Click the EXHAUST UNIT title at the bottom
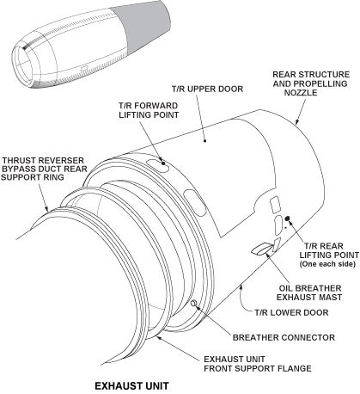tap(131, 385)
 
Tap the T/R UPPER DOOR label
tap(207, 89)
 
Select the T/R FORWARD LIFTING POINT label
tap(149, 110)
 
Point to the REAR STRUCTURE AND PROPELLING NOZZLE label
tap(311, 83)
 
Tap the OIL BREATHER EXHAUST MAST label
tap(309, 292)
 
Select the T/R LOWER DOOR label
tap(291, 312)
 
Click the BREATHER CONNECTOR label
tap(284, 337)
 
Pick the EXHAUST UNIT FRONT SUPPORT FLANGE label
tap(258, 364)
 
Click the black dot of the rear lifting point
tap(288, 219)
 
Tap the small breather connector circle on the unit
tap(193, 303)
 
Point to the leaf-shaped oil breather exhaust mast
tap(261, 249)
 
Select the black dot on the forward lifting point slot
tap(163, 163)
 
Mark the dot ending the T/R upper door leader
tap(205, 141)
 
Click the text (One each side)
tap(327, 264)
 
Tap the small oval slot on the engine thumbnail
tap(84, 68)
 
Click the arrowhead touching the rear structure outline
tap(297, 121)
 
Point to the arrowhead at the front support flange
tap(160, 338)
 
